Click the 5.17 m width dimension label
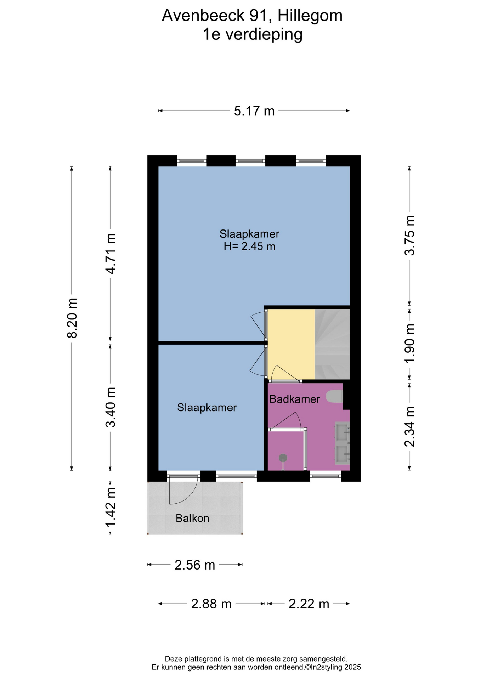point(254,111)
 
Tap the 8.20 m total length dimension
point(72,318)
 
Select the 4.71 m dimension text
point(111,254)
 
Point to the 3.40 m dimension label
point(111,407)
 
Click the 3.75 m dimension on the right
point(410,235)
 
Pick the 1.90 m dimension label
point(410,343)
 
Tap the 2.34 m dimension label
point(410,427)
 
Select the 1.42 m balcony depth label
point(111,508)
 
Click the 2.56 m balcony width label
point(195,565)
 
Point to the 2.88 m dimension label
point(211,604)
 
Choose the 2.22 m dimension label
point(309,604)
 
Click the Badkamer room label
point(294,399)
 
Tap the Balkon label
point(192,518)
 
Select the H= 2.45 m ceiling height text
point(249,246)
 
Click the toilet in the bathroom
point(335,396)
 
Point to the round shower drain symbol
point(283,458)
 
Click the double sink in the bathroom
point(342,443)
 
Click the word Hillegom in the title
point(310,16)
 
